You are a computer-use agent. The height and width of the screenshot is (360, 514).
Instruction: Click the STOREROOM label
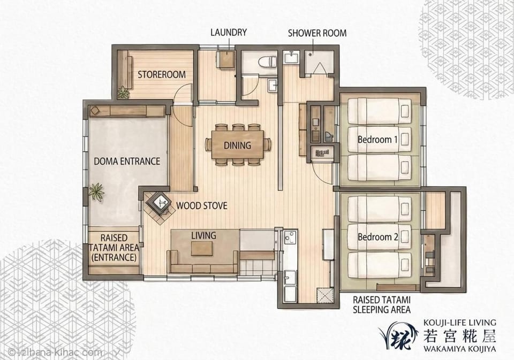tap(162, 75)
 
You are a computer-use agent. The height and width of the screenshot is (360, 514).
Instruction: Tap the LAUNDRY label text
tap(229, 33)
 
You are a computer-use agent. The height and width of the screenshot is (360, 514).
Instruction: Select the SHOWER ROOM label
tap(317, 33)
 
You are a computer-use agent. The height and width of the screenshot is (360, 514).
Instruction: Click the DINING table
tap(238, 144)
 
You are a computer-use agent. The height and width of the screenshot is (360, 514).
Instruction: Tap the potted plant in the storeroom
tap(123, 93)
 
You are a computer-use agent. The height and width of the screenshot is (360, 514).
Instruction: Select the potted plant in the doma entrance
tap(96, 191)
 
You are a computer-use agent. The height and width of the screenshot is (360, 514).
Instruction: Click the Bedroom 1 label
tap(377, 140)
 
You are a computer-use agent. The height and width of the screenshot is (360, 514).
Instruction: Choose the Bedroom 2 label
tap(377, 237)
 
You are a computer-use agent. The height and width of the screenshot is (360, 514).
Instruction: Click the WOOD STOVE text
tap(202, 206)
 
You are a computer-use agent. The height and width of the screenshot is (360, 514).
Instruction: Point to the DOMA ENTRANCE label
tap(127, 161)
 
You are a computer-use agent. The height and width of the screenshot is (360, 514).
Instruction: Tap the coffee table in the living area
tap(202, 248)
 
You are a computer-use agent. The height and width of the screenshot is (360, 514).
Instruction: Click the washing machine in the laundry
tap(226, 59)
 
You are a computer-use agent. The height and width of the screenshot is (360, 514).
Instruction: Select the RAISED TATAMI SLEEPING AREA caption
tap(382, 305)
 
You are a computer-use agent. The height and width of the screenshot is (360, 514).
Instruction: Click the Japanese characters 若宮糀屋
tap(459, 336)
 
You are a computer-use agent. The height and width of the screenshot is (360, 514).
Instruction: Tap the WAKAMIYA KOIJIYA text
tap(459, 349)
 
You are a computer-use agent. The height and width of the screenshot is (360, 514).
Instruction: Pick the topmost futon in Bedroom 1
tap(379, 111)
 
